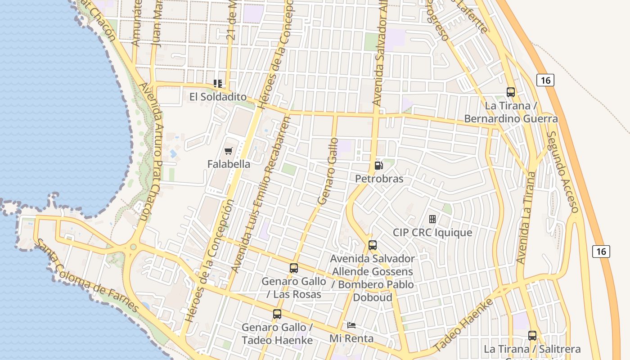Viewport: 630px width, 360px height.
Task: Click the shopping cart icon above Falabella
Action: (229, 151)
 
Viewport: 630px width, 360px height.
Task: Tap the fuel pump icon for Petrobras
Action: (378, 166)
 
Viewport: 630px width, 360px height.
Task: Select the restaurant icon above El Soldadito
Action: (218, 84)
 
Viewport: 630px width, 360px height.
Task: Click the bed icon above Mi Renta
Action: (351, 325)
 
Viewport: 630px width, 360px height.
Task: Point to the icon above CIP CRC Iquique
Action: (432, 219)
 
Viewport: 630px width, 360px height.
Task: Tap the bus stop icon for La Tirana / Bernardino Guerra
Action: (511, 92)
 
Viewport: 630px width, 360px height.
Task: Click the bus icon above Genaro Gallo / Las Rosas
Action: (294, 268)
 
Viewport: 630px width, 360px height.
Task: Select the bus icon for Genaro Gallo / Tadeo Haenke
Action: (277, 314)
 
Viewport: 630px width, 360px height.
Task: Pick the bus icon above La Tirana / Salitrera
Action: (532, 336)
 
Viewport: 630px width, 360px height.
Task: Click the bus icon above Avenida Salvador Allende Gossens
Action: (373, 245)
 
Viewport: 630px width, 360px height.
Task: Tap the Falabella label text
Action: (229, 164)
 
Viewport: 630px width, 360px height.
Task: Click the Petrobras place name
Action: (379, 179)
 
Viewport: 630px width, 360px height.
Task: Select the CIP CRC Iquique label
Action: (432, 233)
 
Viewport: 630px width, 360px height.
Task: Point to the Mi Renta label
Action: (351, 338)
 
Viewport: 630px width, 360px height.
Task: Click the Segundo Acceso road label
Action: (562, 172)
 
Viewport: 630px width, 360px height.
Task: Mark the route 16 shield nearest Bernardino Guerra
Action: (545, 81)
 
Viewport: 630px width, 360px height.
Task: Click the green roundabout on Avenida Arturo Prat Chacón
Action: (133, 247)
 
